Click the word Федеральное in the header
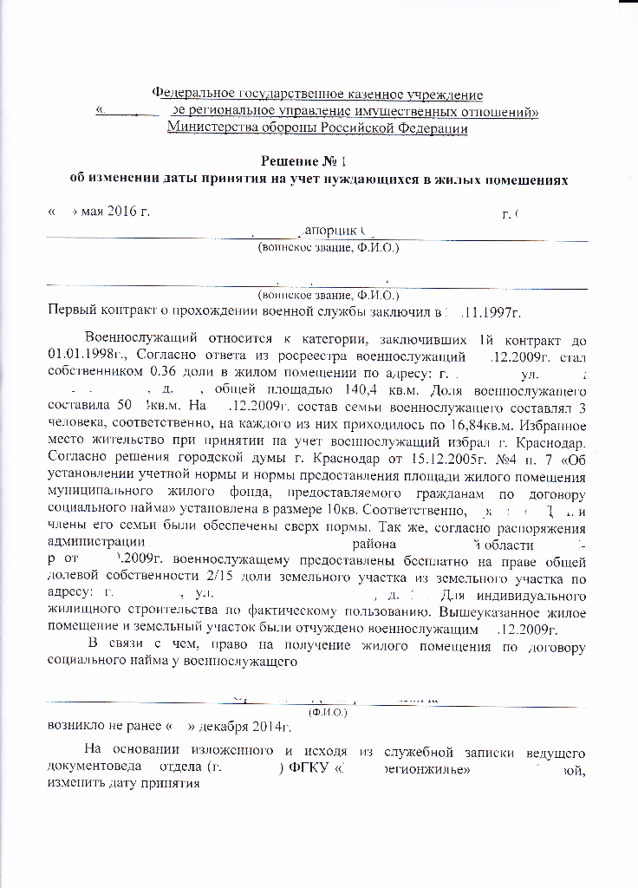(191, 94)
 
